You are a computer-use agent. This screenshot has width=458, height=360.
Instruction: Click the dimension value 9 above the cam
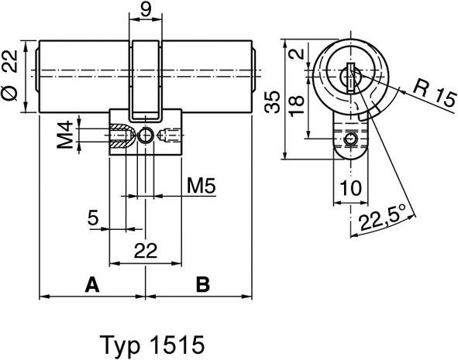tap(146, 12)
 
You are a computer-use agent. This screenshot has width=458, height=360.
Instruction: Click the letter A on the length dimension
tap(91, 285)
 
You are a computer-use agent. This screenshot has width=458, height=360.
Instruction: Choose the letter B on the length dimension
tap(201, 285)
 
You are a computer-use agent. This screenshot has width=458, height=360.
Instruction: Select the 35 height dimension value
tap(272, 101)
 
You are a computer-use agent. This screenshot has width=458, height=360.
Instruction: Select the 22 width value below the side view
tap(146, 249)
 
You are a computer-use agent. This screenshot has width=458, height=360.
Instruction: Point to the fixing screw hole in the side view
tap(146, 138)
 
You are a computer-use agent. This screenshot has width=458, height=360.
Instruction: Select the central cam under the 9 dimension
tap(146, 77)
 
